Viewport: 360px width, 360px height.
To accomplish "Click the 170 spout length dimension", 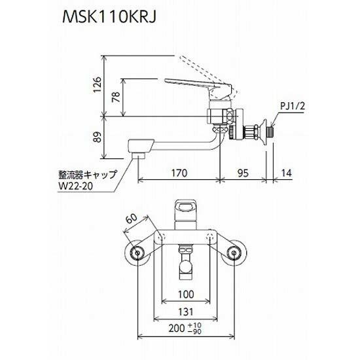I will [x=179, y=174].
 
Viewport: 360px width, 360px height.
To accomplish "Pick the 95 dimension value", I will [x=242, y=174].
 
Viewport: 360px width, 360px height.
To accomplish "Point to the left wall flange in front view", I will [x=138, y=253].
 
